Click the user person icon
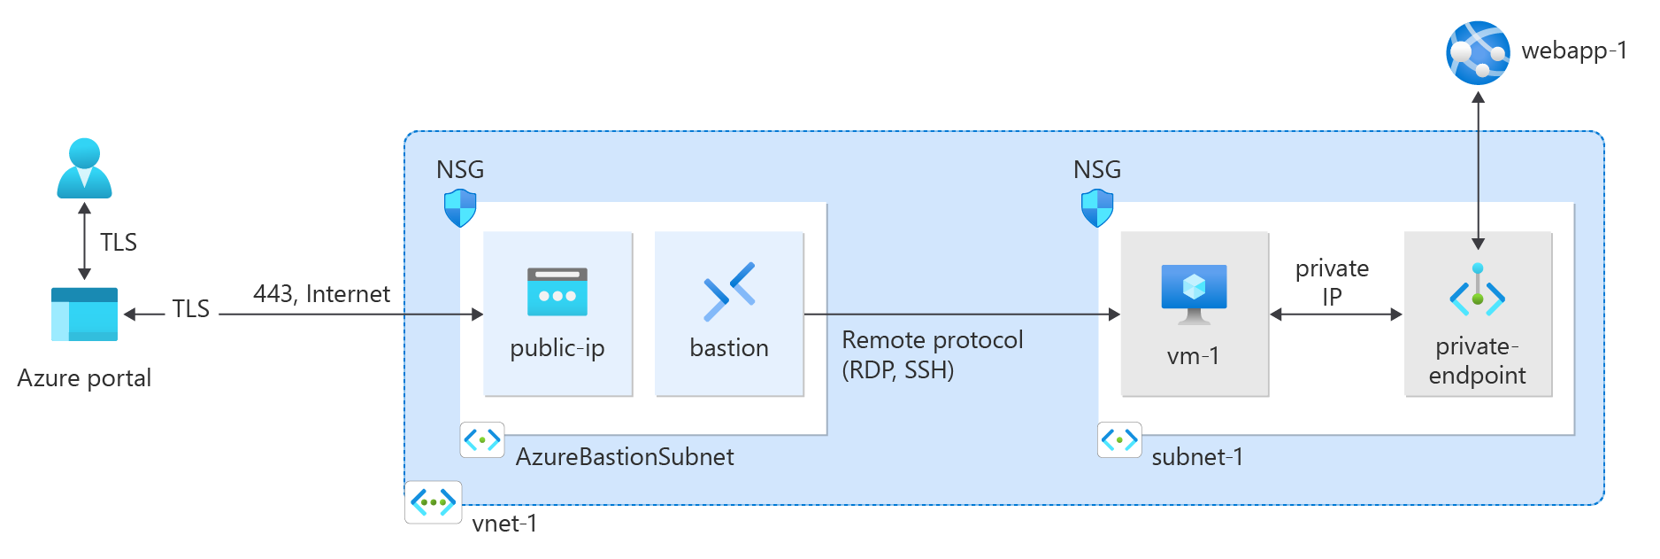tap(84, 168)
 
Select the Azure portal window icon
tap(84, 314)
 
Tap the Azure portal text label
tap(84, 378)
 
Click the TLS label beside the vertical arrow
tap(118, 243)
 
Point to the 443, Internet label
tap(321, 294)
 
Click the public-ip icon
tap(557, 292)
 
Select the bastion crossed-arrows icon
tap(729, 291)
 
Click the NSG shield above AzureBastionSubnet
tap(460, 208)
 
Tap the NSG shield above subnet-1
tap(1097, 208)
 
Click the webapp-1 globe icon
tap(1478, 53)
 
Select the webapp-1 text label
tap(1573, 51)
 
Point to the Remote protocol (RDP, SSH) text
tap(932, 354)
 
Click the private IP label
tap(1332, 282)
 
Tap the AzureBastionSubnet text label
tap(625, 457)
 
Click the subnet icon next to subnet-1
tap(1119, 439)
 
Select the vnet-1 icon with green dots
tap(434, 502)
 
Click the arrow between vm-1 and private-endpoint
tap(1336, 314)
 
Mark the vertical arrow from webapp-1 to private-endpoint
tap(1478, 168)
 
